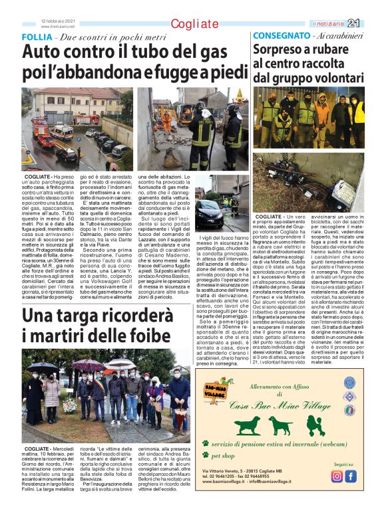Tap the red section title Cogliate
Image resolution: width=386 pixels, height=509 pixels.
[x=194, y=25]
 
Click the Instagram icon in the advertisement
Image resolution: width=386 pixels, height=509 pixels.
[x=337, y=476]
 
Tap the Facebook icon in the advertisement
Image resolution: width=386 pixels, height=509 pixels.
[x=351, y=476]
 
